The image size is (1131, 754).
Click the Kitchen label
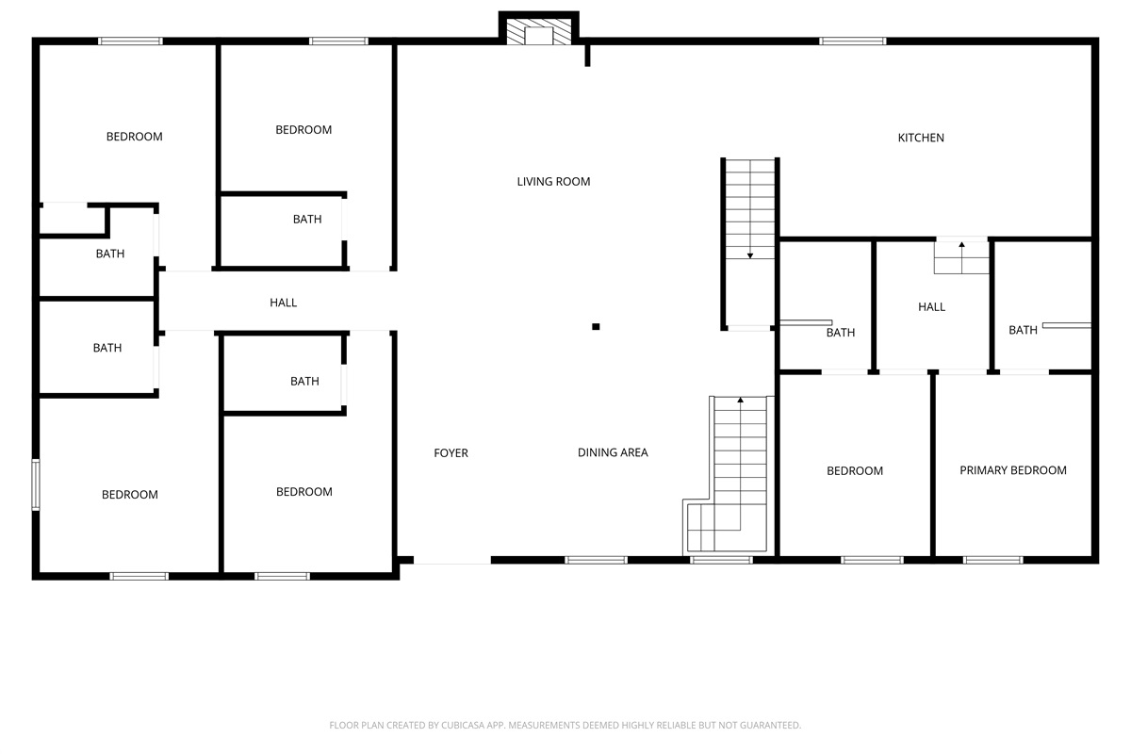[x=921, y=138]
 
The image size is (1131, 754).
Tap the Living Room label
[x=553, y=181]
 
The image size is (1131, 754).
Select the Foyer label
[x=451, y=453]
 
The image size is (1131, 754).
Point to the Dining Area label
[x=613, y=452]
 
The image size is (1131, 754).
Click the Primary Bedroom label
[x=1013, y=470]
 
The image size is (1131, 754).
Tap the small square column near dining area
[x=596, y=327]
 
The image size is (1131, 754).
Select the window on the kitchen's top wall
[x=852, y=41]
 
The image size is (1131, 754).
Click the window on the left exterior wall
[x=36, y=484]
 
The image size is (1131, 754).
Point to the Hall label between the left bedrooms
[x=283, y=303]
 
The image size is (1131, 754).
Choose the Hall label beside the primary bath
[x=931, y=307]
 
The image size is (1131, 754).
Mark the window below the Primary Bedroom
[x=993, y=560]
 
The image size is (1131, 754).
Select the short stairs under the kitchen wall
[x=961, y=257]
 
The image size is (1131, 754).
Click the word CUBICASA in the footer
[x=462, y=725]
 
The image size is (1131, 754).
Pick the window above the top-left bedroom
[x=130, y=41]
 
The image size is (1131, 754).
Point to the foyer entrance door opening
[x=451, y=560]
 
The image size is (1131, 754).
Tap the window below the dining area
[x=596, y=560]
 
